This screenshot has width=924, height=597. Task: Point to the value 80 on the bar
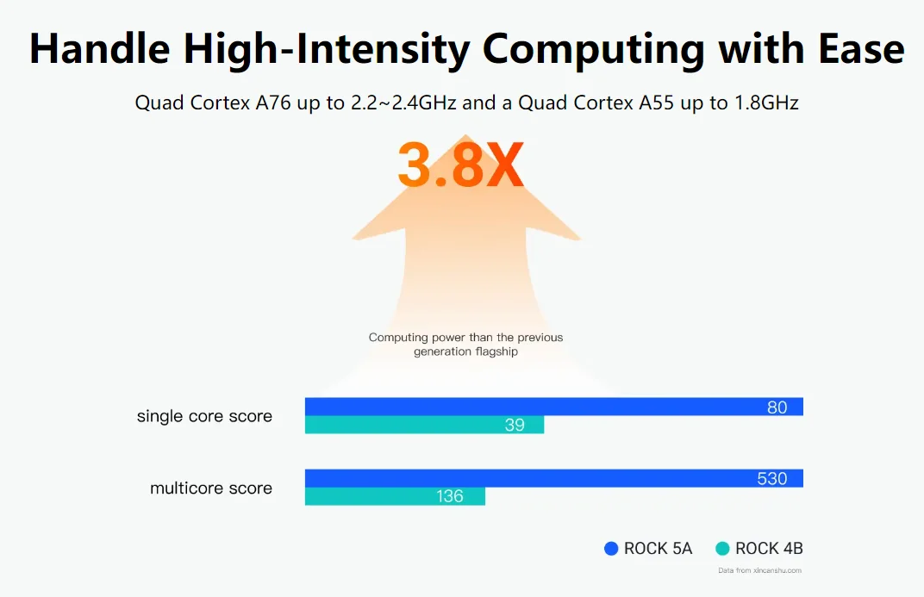[x=777, y=407]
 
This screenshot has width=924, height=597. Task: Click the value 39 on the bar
[x=515, y=426]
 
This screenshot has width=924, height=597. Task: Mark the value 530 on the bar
[x=771, y=479]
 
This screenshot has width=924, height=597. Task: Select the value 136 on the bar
[x=450, y=496]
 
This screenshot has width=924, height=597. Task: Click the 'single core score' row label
[x=204, y=416]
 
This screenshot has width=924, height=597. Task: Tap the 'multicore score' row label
[x=211, y=488]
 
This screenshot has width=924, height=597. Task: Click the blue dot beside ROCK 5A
[x=611, y=549]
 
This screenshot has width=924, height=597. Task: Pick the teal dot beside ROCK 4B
[x=722, y=549]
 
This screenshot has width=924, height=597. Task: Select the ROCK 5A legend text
[x=658, y=549]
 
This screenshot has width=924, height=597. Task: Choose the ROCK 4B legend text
[x=769, y=549]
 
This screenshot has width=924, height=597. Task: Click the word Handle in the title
[x=99, y=49]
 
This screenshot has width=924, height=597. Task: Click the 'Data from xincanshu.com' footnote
[x=759, y=570]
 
